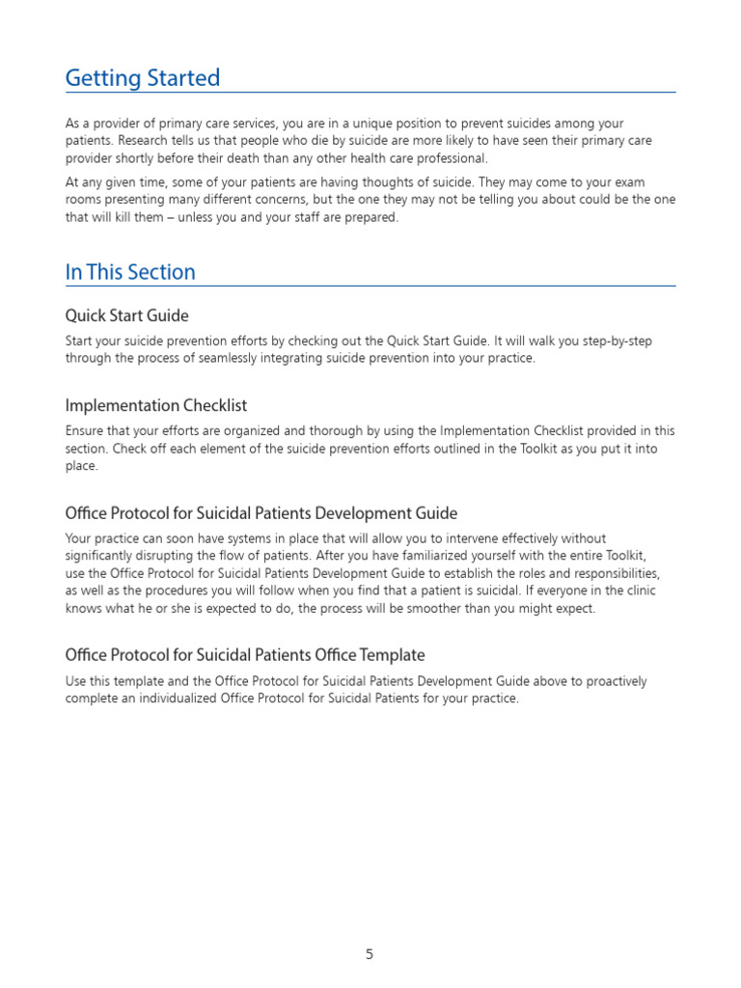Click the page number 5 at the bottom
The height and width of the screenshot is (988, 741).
click(x=370, y=954)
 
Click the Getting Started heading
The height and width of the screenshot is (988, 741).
click(x=143, y=78)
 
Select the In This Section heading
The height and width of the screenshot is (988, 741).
click(x=130, y=272)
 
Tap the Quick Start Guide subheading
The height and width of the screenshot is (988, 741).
click(x=126, y=316)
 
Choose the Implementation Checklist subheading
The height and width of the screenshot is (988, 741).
click(x=156, y=405)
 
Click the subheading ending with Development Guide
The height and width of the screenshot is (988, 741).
click(x=261, y=513)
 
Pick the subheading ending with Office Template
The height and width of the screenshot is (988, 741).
click(x=244, y=655)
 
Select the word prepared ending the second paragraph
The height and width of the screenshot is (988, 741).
click(x=370, y=217)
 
